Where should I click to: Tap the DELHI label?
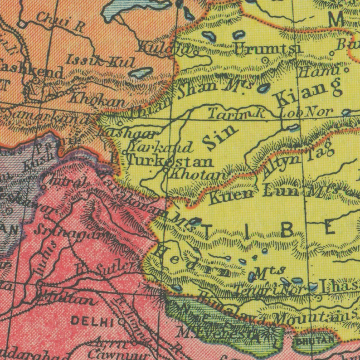pyautogui.click(x=92, y=322)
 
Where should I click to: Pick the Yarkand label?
pyautogui.click(x=161, y=146)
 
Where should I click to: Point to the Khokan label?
pyautogui.click(x=97, y=98)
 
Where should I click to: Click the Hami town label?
pyautogui.click(x=319, y=72)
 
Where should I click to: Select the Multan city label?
pyautogui.click(x=65, y=299)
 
